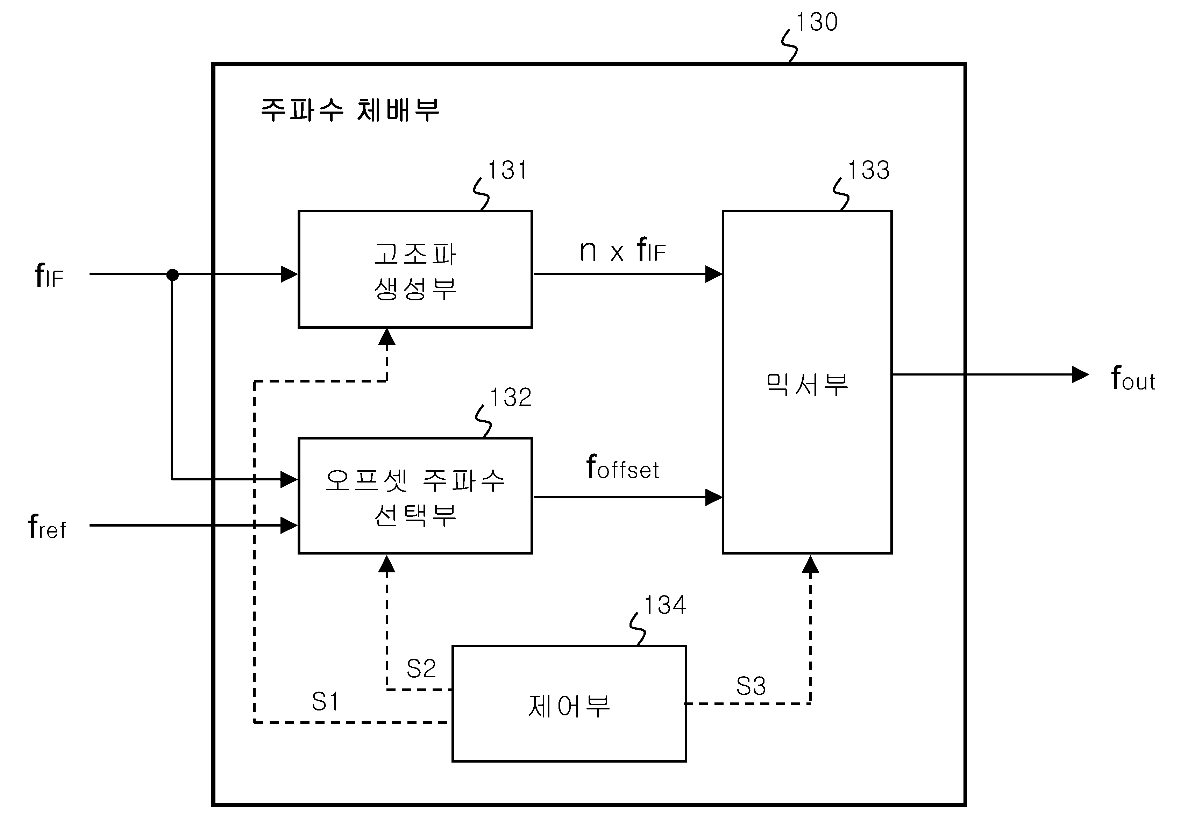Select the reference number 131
tap(507, 170)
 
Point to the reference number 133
tap(869, 170)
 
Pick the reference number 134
tap(665, 605)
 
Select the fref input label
tap(47, 527)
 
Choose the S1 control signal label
tap(326, 702)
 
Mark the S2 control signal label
tap(421, 669)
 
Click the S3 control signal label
tap(751, 686)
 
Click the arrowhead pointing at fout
tap(1080, 374)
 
